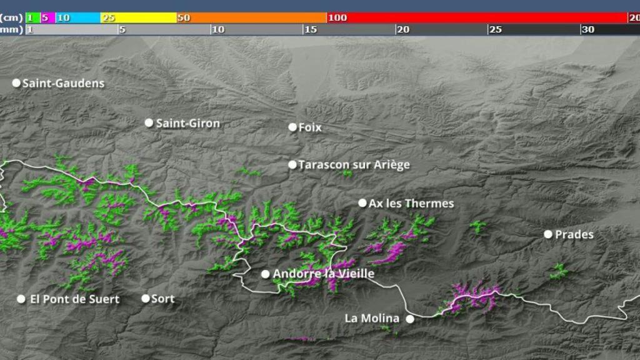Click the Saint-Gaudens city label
tap(63, 83)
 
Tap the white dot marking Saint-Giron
tap(149, 122)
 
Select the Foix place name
tap(310, 127)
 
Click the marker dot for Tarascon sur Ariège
tap(292, 165)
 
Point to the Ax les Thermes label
tap(411, 203)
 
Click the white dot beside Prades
tap(548, 234)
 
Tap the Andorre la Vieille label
tap(324, 274)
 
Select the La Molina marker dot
tap(410, 319)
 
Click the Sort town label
tap(162, 299)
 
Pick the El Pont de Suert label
tap(74, 299)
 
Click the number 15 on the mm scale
tap(311, 29)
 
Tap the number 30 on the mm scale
tap(587, 29)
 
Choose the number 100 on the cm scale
tap(337, 17)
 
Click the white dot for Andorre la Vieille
tap(265, 274)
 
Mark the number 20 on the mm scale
tap(403, 29)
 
